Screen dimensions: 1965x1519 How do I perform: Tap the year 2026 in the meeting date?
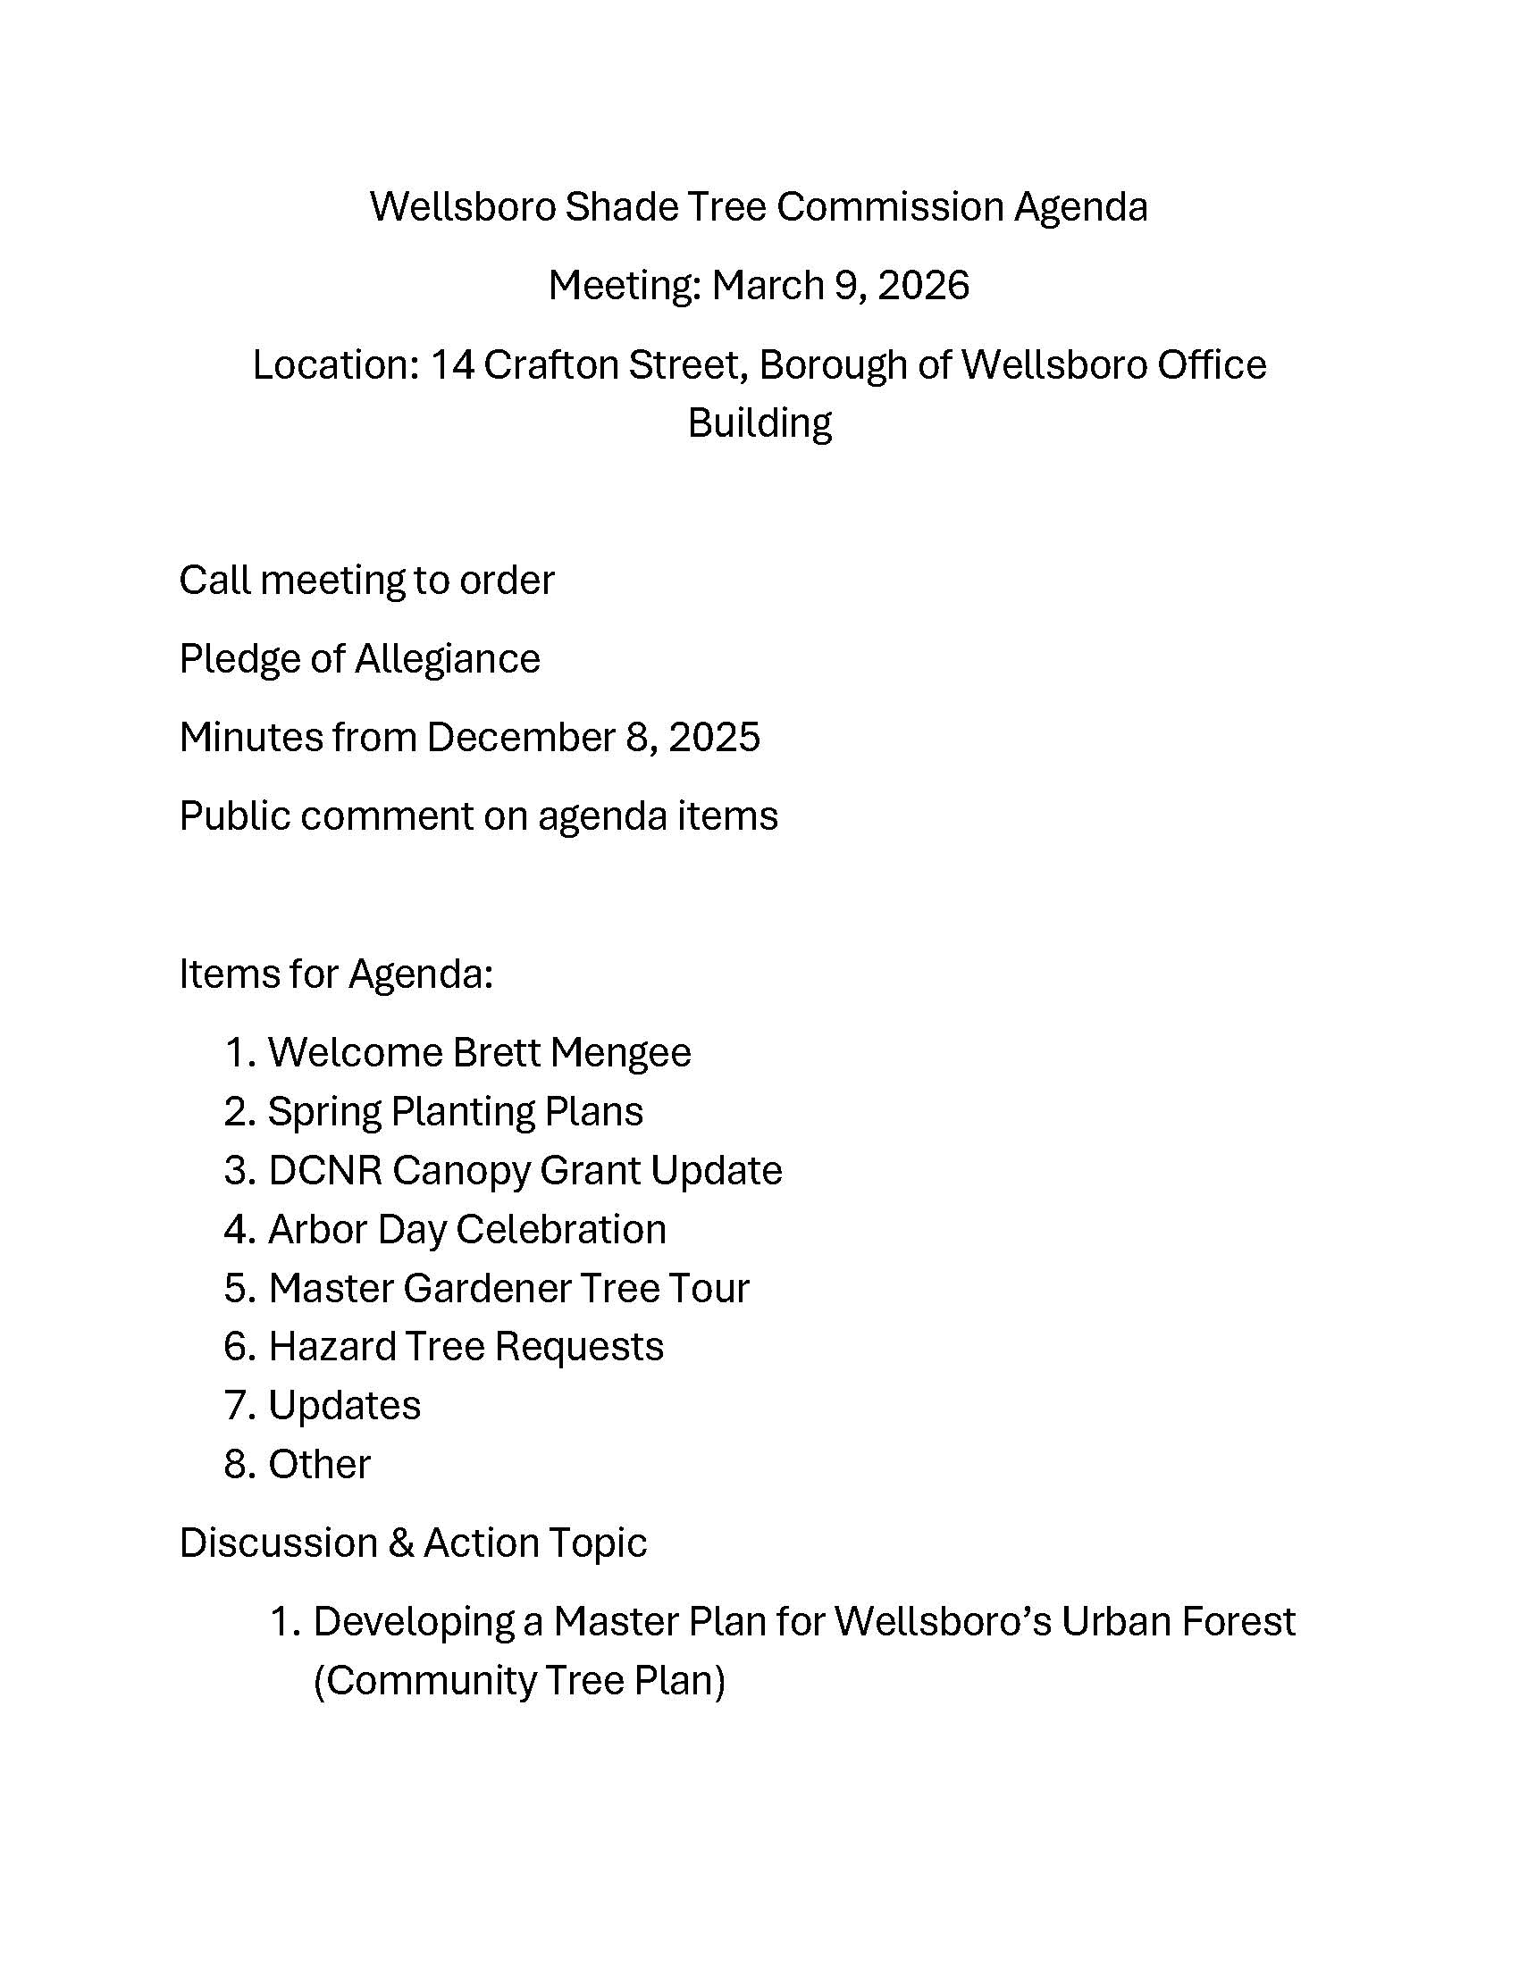[923, 286]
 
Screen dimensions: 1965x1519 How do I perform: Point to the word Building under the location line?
[759, 422]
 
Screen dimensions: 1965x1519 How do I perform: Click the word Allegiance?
[448, 659]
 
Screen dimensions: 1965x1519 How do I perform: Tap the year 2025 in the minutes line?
[715, 738]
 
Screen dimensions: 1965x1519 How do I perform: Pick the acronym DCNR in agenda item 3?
[325, 1171]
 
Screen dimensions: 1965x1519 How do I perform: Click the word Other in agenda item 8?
[319, 1465]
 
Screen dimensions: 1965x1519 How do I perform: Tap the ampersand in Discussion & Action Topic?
[399, 1543]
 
